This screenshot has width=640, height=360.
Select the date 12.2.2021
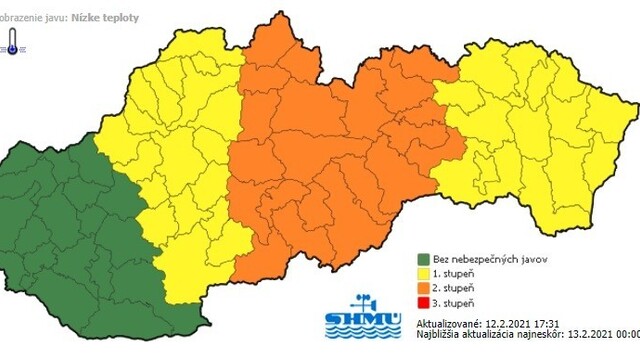[x=505, y=325]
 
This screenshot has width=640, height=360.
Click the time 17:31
[x=546, y=325]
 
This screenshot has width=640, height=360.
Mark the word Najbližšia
[x=429, y=338]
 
